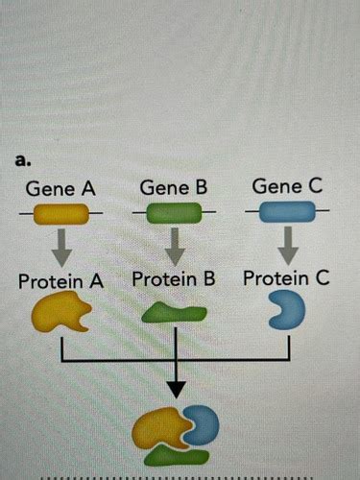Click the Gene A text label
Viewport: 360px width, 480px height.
(60, 188)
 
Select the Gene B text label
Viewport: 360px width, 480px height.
(174, 188)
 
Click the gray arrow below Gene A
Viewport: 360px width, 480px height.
(61, 249)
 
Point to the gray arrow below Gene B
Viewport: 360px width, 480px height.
(174, 249)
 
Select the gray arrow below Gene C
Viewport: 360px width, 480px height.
(286, 248)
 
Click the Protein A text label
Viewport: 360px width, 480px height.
(60, 282)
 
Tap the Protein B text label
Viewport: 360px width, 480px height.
(174, 280)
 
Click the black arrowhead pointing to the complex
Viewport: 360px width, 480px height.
(175, 389)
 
